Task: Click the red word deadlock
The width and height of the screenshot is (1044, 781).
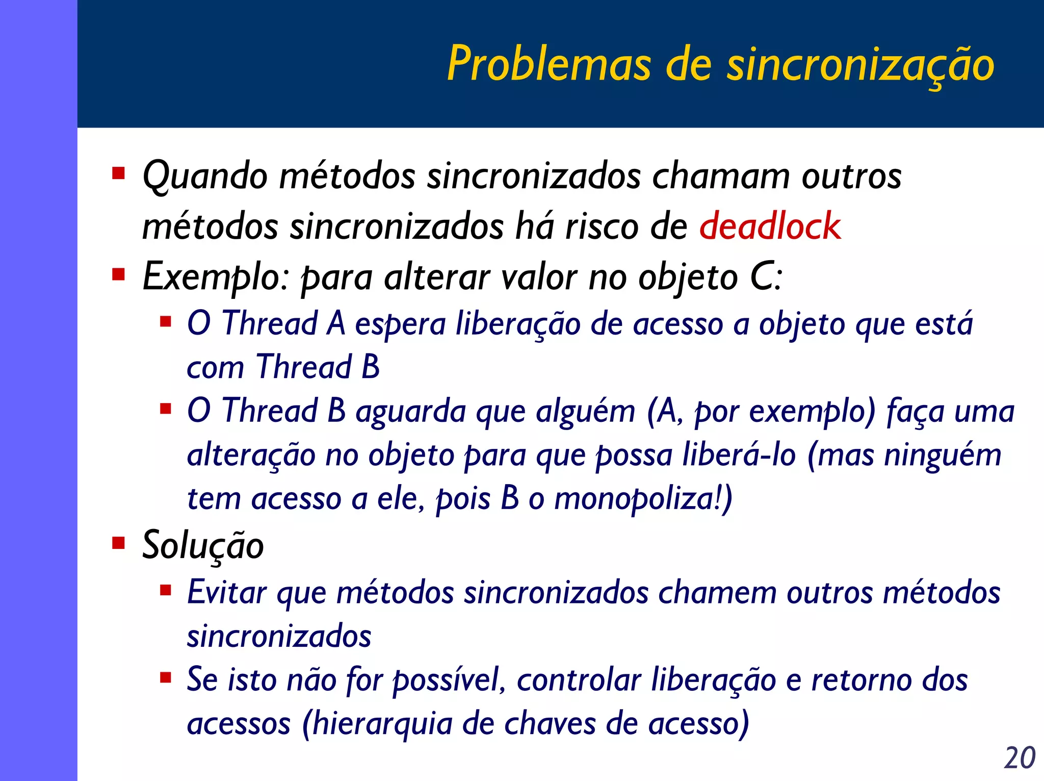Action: (x=769, y=226)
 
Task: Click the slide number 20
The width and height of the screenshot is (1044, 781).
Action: (x=1020, y=758)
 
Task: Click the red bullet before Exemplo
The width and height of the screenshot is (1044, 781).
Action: (x=119, y=275)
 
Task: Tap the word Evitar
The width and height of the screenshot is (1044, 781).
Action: (x=227, y=593)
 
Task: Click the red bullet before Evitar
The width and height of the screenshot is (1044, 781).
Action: (x=165, y=591)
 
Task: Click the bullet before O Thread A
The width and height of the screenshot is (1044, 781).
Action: (x=165, y=322)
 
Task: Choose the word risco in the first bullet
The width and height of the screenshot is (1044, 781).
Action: (x=602, y=226)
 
